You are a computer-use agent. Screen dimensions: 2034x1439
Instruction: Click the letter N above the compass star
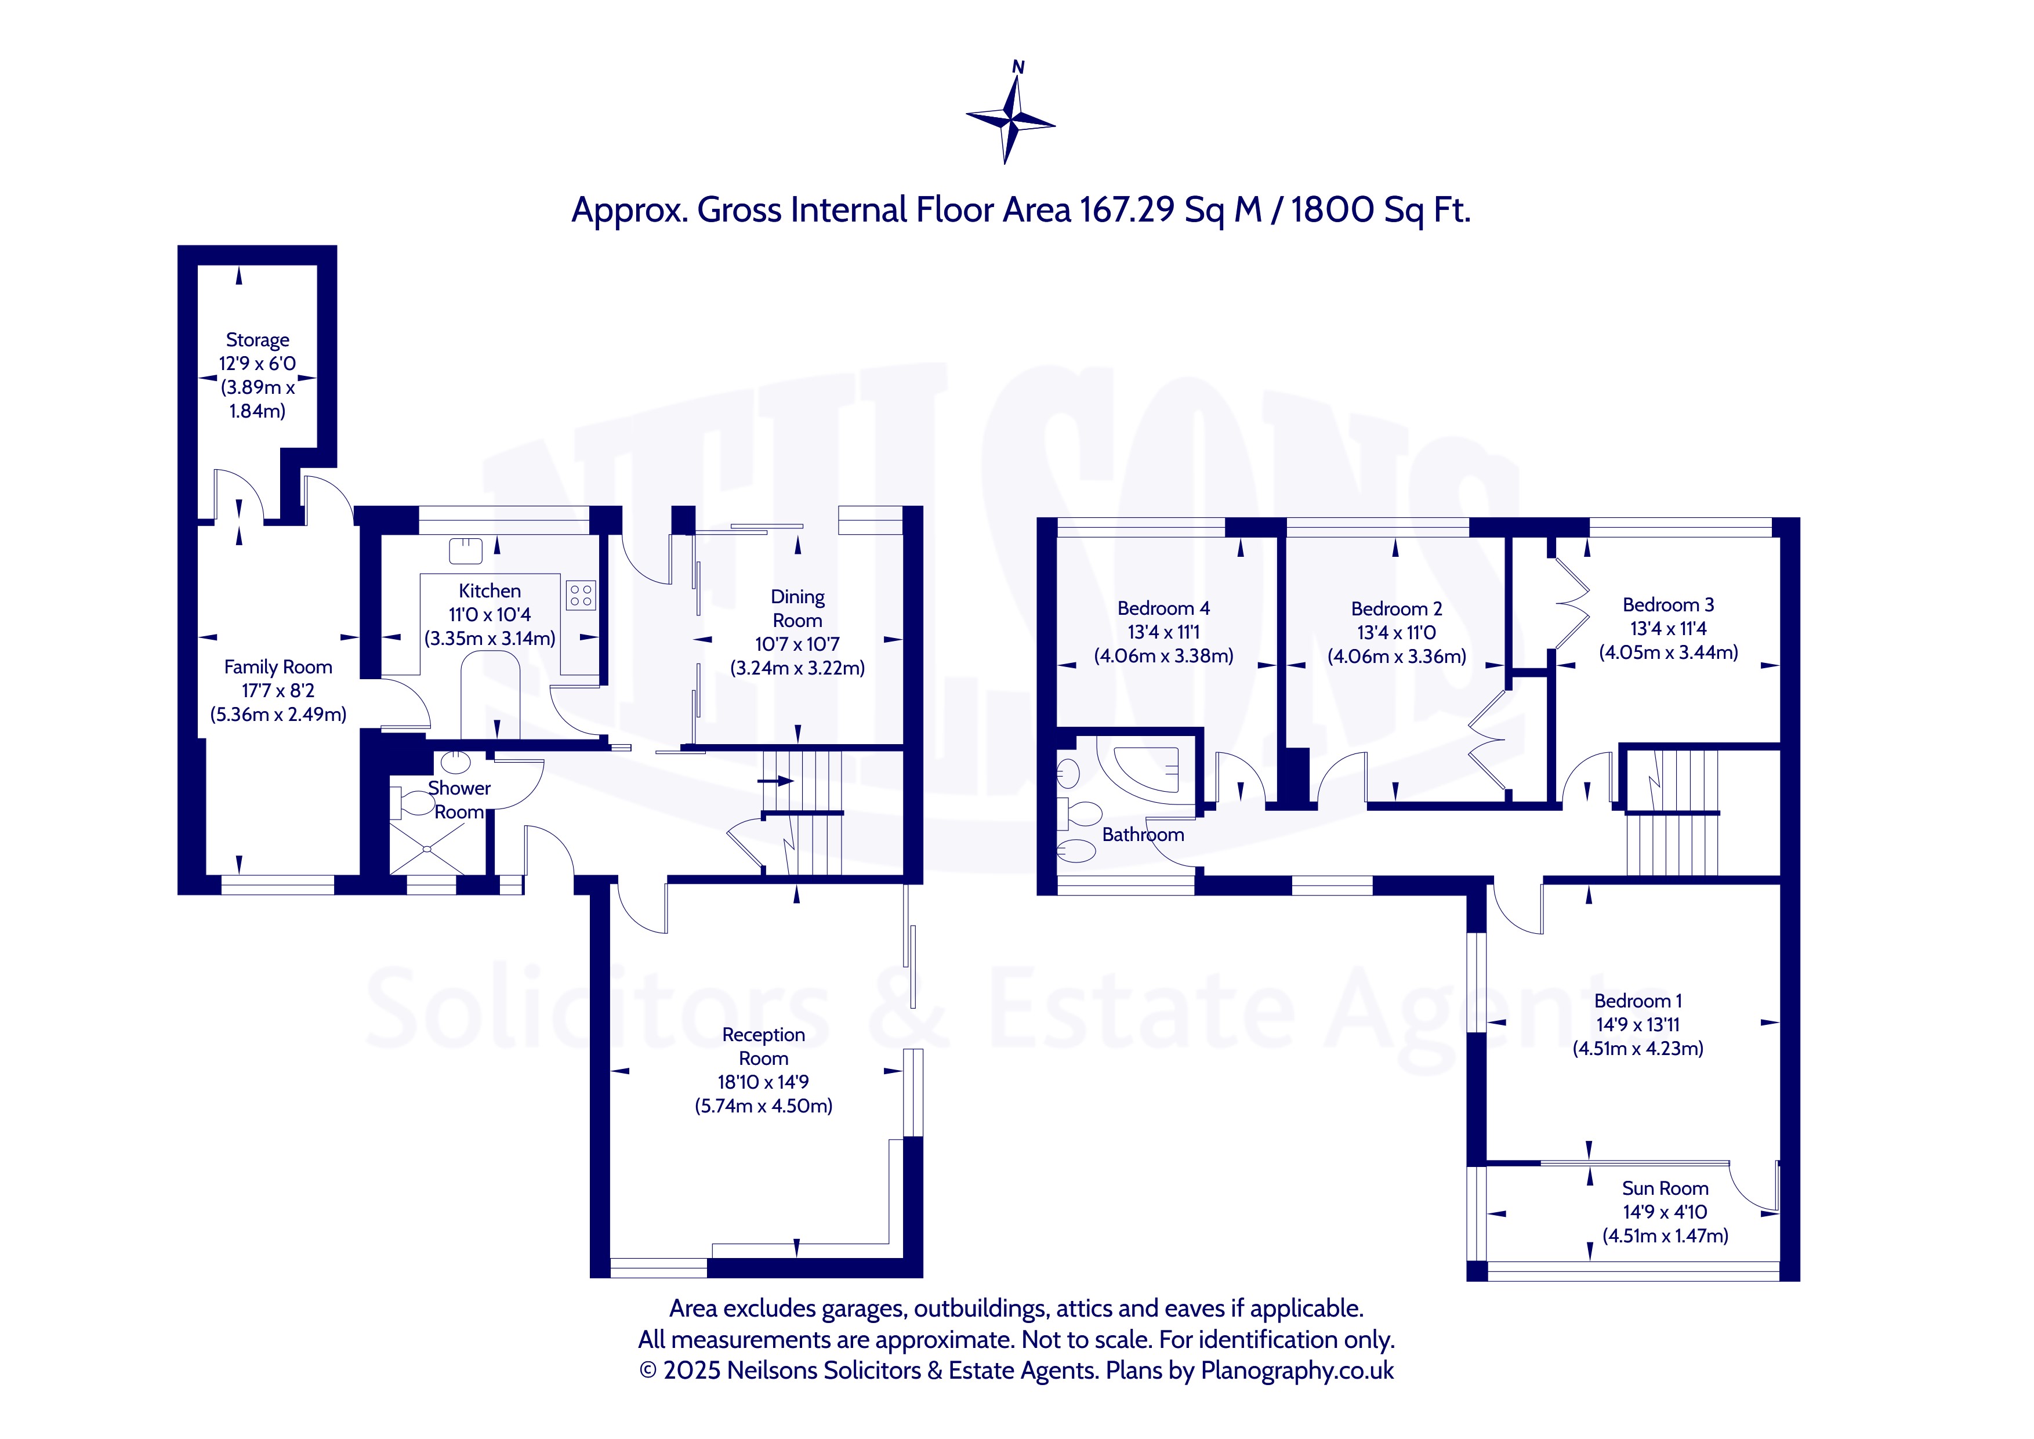(1018, 67)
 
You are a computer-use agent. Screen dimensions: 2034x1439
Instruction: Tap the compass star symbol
(1010, 119)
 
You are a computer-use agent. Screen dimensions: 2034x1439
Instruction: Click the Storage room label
(257, 340)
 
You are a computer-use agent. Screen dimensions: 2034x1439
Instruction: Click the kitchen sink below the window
(466, 551)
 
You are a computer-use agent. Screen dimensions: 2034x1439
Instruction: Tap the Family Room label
(278, 667)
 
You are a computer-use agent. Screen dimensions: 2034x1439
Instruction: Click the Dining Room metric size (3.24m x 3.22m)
(797, 668)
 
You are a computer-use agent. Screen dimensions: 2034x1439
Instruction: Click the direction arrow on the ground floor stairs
(776, 781)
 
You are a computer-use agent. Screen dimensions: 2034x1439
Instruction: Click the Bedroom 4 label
(1163, 609)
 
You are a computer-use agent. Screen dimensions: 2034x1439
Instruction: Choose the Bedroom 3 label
(1668, 605)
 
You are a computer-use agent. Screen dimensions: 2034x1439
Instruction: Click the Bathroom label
(1143, 835)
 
